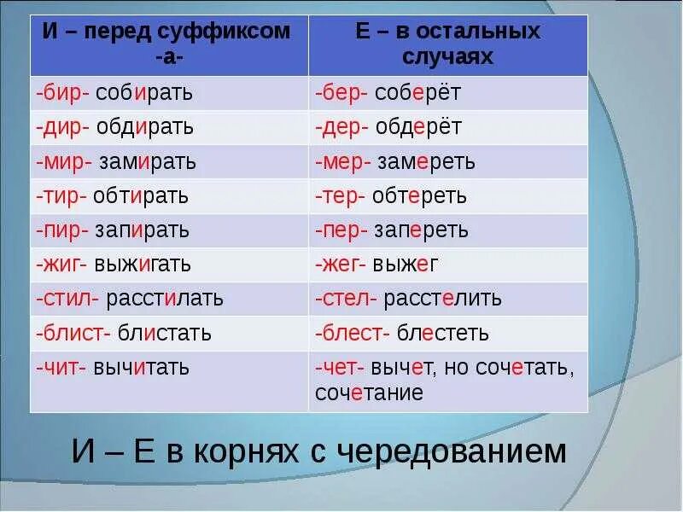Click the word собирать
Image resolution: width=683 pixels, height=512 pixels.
pos(145,93)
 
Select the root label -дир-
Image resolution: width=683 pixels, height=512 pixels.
pos(61,127)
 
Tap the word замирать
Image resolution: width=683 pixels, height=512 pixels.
pos(149,161)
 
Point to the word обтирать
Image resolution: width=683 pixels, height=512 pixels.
pos(142,196)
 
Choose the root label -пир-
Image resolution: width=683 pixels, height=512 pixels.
pos(61,230)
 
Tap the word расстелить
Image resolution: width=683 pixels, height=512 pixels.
pos(443,299)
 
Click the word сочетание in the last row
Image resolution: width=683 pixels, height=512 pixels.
pos(369,393)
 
